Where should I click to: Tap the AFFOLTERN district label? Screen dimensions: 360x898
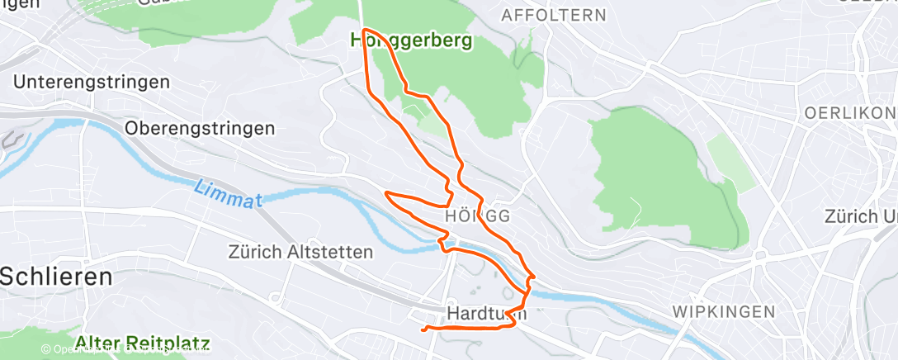(554, 16)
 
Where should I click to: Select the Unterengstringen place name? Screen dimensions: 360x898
(92, 83)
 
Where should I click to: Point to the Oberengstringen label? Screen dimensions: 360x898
(200, 129)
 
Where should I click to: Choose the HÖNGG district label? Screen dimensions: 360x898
(476, 216)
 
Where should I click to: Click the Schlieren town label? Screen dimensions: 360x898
(56, 277)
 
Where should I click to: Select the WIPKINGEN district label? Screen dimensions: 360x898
(724, 311)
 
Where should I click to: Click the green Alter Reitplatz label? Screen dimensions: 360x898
(142, 342)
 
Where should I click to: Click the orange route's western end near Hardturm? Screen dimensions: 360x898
(423, 329)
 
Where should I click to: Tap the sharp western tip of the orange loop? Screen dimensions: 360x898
(386, 193)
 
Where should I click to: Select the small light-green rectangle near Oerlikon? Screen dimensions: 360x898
(731, 163)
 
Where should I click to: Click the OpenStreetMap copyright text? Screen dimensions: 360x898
(124, 349)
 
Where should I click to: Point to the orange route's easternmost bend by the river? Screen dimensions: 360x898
(535, 277)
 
